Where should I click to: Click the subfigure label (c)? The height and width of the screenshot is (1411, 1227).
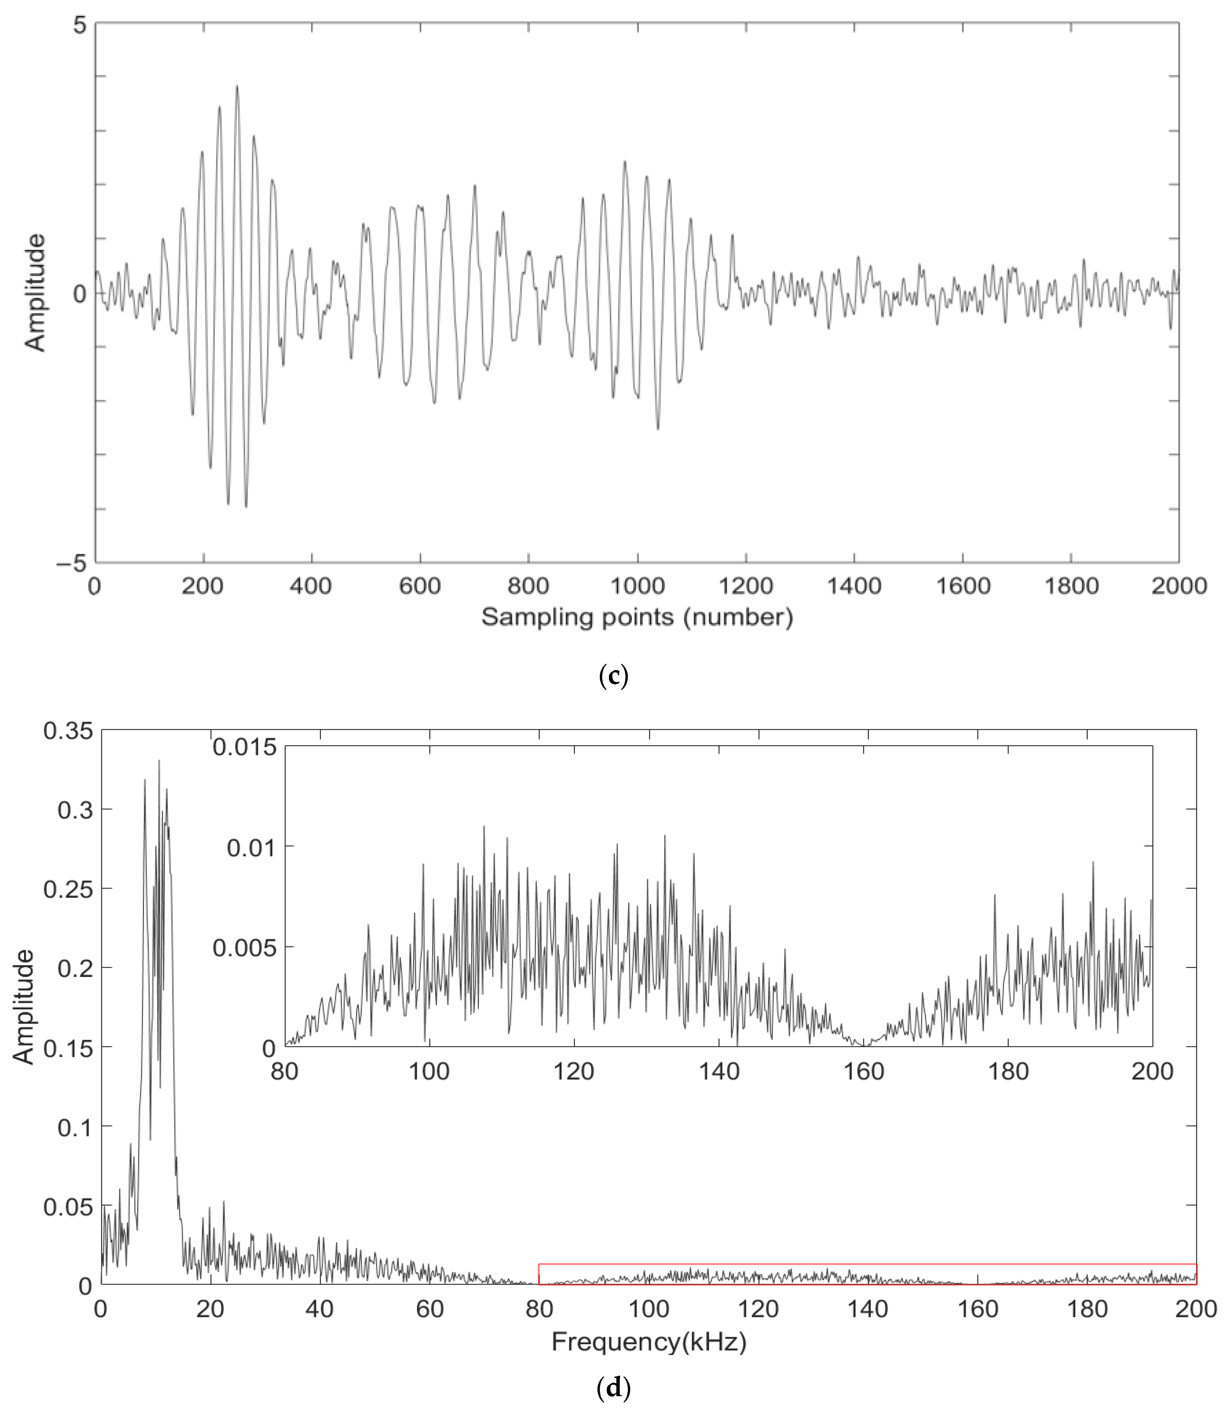coord(613,677)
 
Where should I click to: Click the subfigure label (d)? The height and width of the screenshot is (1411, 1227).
coord(613,1388)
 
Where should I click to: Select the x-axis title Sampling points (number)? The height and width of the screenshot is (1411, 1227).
coord(637,617)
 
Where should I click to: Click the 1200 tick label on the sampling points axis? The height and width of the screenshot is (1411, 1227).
coord(746,586)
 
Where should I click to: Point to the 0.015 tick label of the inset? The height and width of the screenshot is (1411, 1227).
coord(244,747)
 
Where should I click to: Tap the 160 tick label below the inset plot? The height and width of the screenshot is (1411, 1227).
coord(864,1071)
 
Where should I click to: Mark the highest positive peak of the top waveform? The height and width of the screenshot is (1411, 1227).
coord(237,86)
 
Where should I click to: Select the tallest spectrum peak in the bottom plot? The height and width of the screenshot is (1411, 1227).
coord(159,761)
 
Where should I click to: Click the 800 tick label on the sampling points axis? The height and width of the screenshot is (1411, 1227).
coord(528,586)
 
